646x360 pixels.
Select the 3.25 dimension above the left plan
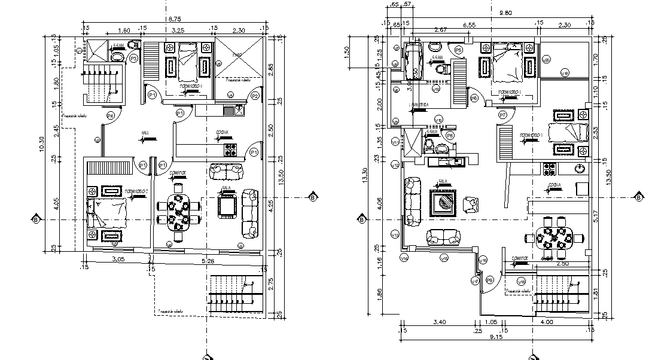[x=178, y=29]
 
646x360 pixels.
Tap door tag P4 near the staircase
[x=110, y=115]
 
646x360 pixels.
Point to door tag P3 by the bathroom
[x=133, y=58]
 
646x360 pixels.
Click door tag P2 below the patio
[x=255, y=96]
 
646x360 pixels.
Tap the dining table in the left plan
[x=178, y=212]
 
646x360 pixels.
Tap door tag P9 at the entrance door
[x=489, y=279]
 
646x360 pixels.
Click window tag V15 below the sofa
[x=443, y=258]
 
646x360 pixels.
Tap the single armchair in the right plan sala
[x=472, y=205]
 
